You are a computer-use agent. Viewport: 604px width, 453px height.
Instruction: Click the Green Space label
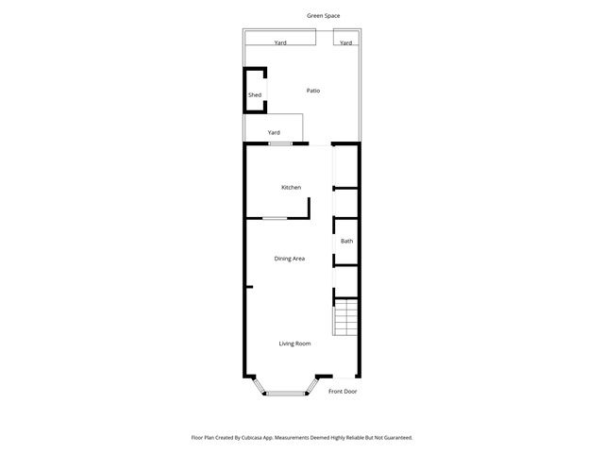pos(324,16)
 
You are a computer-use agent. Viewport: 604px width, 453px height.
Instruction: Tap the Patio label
pos(313,91)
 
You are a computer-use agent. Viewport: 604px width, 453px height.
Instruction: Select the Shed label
pos(255,95)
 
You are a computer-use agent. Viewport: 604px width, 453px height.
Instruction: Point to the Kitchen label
pos(292,188)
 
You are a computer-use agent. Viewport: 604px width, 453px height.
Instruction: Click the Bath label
pos(347,241)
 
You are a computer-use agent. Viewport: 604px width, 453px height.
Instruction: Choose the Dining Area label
pos(289,259)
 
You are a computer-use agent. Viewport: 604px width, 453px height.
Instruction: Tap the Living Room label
pos(294,344)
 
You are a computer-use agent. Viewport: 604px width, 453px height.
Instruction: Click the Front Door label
pos(343,391)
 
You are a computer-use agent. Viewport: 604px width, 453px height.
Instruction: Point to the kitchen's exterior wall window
pos(279,143)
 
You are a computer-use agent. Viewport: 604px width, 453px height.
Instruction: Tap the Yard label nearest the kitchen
pos(274,132)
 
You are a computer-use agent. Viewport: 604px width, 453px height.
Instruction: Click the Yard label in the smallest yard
pos(346,42)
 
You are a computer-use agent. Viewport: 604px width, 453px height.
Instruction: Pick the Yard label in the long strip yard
pos(280,42)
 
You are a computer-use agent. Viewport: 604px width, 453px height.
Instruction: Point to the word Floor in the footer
pos(196,438)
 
